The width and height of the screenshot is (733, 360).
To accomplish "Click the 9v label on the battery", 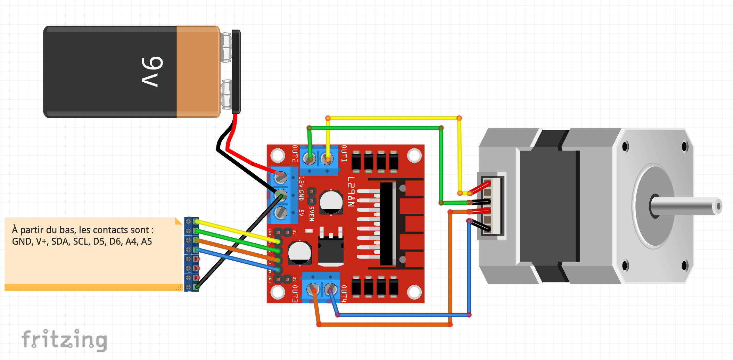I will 152,71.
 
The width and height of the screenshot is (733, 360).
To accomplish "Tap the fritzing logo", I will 65,339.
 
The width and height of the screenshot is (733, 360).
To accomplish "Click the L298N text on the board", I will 351,191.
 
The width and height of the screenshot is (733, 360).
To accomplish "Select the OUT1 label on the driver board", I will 344,154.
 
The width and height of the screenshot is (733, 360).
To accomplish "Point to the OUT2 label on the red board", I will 295,154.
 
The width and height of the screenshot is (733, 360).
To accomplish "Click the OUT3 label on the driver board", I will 295,294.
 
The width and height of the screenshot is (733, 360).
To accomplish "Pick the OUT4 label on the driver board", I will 344,294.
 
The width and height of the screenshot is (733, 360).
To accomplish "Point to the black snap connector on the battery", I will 236,72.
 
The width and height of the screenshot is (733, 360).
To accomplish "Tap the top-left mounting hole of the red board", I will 278,155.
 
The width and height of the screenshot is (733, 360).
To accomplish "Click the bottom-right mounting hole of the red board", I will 414,292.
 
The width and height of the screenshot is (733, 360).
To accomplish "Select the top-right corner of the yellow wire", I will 459,118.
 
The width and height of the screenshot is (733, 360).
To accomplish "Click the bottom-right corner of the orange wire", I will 450,324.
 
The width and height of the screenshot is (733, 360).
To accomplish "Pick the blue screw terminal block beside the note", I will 191,254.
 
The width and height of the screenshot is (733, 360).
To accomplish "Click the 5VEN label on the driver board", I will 312,214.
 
